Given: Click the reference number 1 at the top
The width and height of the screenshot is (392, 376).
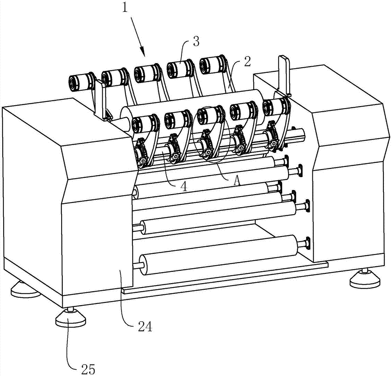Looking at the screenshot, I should [125, 8].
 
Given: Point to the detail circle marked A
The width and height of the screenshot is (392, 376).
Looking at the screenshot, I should [211, 133].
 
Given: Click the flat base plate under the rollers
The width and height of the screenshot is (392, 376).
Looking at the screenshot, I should [223, 279].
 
